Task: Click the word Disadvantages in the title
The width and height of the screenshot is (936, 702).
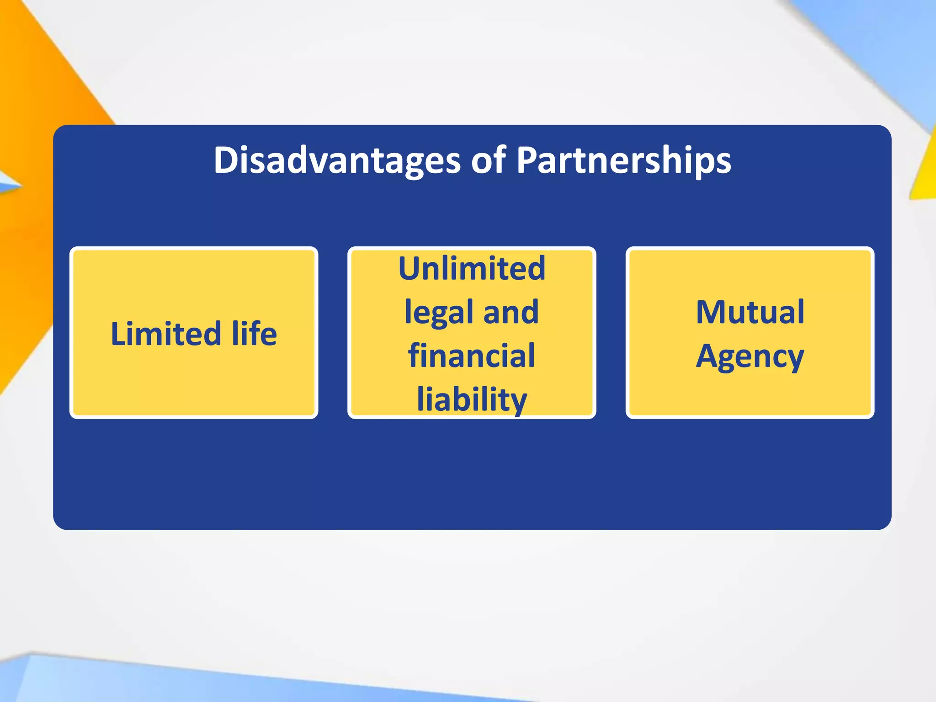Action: point(337,161)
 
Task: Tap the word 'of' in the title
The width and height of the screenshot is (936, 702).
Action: point(488,161)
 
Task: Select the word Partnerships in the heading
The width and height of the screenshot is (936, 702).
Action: point(623,161)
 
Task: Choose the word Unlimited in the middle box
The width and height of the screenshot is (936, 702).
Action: point(472,268)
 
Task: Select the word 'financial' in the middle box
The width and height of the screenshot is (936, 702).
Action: point(472,356)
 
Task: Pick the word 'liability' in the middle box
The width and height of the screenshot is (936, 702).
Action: point(472,399)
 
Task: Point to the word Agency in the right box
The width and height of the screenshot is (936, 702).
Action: point(750,356)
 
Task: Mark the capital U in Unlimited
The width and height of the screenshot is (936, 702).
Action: point(409,268)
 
